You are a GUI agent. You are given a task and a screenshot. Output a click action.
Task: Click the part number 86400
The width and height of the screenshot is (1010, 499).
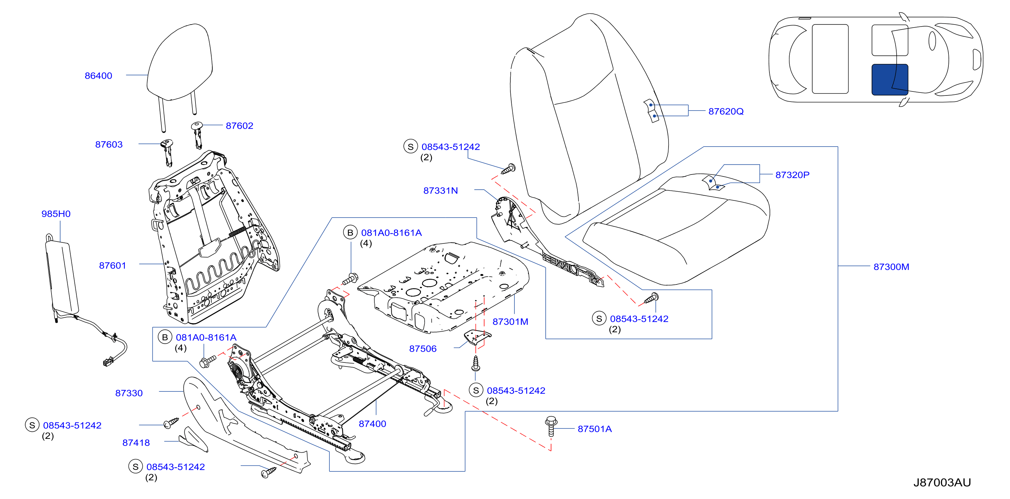click(99, 76)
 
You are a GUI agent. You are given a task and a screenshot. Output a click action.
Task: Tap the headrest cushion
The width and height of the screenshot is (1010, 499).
click(180, 63)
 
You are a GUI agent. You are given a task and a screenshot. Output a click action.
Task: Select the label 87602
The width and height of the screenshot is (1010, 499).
click(240, 126)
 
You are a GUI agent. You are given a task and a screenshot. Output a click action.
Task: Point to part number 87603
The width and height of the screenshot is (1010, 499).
click(109, 145)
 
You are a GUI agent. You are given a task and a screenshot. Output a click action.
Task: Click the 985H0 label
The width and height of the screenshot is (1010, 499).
click(56, 214)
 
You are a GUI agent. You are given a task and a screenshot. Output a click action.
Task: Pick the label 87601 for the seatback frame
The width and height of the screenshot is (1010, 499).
click(112, 266)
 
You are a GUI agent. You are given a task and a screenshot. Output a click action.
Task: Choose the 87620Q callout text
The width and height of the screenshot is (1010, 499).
click(726, 112)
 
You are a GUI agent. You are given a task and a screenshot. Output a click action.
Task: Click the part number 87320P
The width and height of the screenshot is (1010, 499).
click(792, 175)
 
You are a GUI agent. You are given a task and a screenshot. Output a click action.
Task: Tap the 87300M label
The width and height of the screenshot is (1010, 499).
click(891, 267)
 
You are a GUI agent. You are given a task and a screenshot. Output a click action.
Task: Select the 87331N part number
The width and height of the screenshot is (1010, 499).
click(440, 191)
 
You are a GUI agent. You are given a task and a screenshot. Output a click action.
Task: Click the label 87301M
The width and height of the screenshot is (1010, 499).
click(510, 322)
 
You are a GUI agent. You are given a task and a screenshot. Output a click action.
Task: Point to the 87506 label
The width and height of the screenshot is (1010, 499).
click(423, 349)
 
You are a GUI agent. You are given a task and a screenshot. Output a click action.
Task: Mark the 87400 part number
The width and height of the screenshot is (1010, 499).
click(372, 424)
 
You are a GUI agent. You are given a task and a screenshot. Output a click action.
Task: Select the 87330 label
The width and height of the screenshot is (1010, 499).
click(129, 393)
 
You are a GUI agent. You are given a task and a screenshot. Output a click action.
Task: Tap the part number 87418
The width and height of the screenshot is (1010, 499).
click(136, 443)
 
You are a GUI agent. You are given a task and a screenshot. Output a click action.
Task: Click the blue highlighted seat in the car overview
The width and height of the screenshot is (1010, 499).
click(890, 80)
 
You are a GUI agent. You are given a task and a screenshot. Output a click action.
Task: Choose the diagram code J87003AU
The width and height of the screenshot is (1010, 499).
click(942, 483)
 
